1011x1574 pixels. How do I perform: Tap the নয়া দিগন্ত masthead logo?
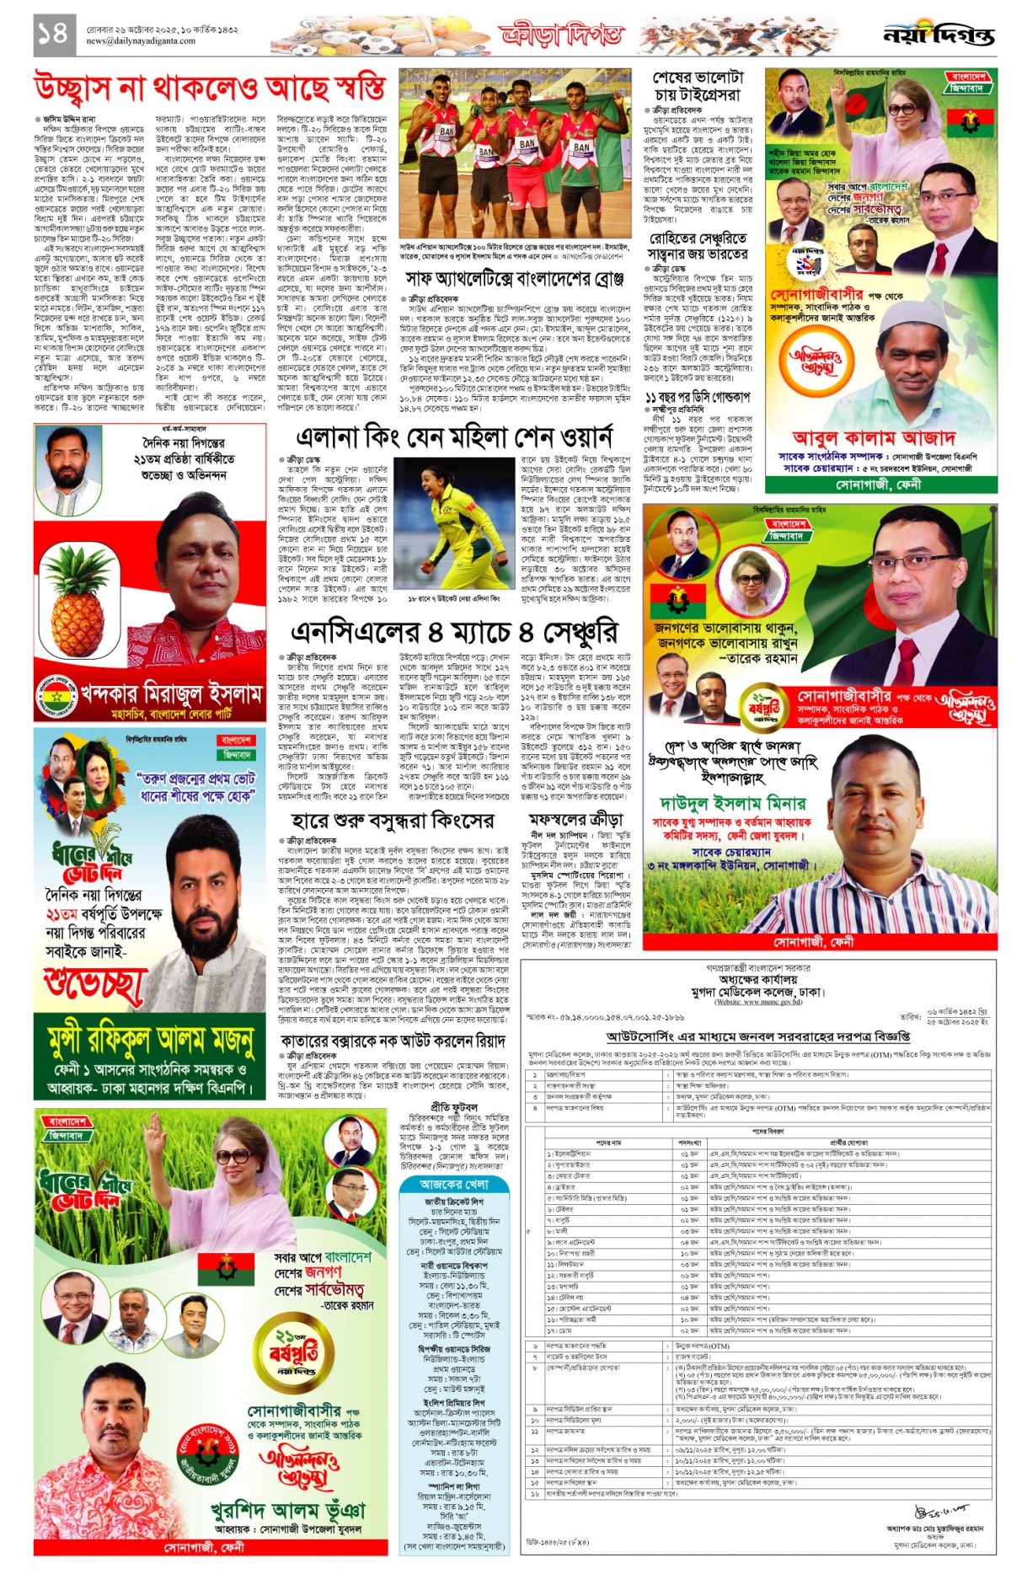pos(938,35)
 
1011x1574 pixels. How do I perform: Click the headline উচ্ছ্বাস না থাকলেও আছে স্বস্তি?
pos(211,87)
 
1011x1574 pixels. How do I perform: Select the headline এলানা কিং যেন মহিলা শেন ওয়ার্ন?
pos(454,437)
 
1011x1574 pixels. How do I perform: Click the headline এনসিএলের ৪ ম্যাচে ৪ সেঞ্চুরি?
pos(454,632)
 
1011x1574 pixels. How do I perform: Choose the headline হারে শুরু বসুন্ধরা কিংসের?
pos(393,821)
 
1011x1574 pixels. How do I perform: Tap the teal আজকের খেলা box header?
pos(455,1184)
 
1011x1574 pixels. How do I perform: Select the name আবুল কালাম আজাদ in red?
pos(874,437)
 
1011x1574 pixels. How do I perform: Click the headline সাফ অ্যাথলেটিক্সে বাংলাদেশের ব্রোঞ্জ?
pos(515,278)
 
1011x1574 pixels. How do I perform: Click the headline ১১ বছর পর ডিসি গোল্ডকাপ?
pos(697,396)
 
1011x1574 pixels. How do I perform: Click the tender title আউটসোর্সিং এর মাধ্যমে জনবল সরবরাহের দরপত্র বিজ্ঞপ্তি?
pos(757,1036)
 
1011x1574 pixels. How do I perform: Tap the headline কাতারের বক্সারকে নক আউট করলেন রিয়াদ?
pos(393,1041)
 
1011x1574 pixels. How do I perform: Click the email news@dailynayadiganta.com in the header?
pos(141,40)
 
